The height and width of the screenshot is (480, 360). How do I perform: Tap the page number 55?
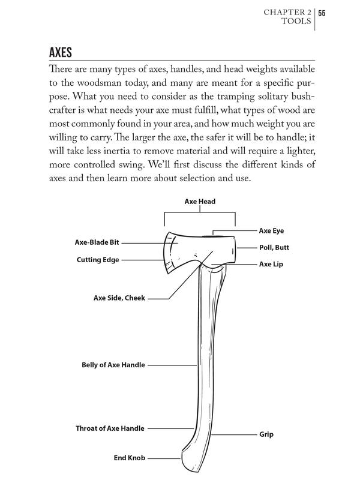tap(322, 13)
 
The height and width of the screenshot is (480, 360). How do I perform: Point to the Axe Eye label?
tap(271, 230)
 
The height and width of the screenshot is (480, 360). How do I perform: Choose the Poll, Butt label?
tap(274, 247)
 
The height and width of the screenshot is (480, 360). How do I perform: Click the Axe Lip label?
tap(270, 264)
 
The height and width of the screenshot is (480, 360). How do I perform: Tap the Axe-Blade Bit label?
tap(97, 243)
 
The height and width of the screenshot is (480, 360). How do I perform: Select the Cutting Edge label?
tap(97, 260)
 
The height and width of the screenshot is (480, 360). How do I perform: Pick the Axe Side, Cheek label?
tap(119, 297)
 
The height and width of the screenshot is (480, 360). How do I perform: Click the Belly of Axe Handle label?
tap(113, 364)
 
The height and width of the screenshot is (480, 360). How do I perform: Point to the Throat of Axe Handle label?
tap(110, 428)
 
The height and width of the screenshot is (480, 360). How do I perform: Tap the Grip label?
tap(266, 434)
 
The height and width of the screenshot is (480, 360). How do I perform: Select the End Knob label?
tap(129, 458)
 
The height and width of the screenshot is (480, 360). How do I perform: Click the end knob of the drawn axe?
tap(187, 459)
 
